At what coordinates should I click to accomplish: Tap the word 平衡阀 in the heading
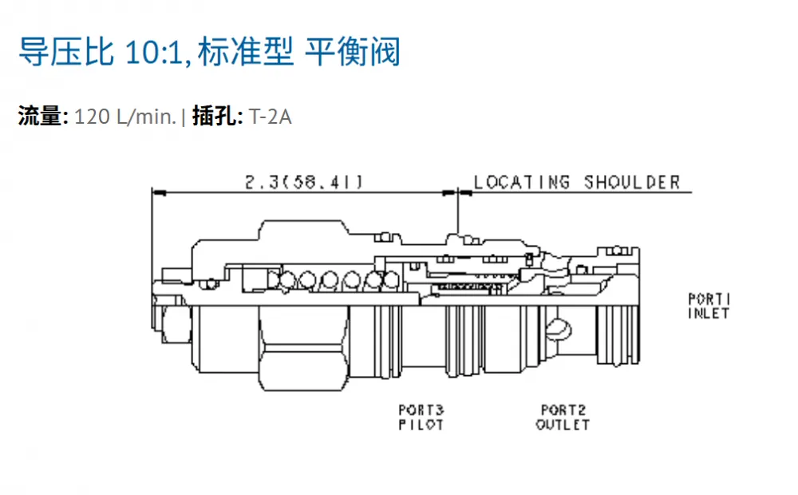pos(352,51)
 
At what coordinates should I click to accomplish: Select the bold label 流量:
pos(43,116)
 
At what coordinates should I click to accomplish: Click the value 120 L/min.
pos(125,117)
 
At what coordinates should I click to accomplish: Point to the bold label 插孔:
pos(217,116)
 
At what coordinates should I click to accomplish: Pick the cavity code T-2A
pos(271,117)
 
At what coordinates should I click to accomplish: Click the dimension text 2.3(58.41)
pos(304,182)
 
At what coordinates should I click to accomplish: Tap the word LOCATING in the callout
pos(522,182)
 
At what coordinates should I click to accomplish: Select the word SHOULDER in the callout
pos(631,182)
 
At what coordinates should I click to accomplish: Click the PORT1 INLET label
pos(709,306)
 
